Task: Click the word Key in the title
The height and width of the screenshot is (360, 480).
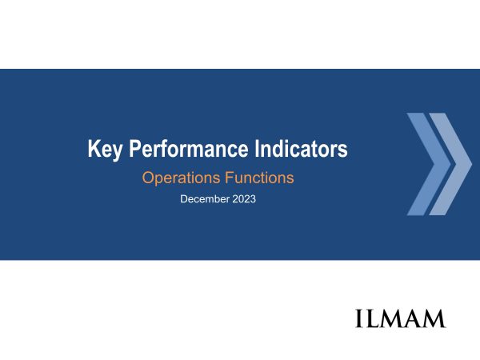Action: point(105,150)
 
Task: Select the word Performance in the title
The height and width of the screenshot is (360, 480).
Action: point(189,149)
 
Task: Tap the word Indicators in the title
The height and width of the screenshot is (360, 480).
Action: point(302,149)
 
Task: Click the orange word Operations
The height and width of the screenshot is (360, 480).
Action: point(182,178)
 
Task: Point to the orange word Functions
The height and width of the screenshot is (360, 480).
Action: point(259,178)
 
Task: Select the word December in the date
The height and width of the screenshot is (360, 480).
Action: point(205,199)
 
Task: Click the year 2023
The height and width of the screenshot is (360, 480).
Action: point(244,199)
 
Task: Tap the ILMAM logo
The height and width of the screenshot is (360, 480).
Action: point(400,318)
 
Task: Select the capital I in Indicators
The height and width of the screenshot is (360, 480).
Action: point(257,149)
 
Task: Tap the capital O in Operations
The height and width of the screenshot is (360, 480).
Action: point(148,178)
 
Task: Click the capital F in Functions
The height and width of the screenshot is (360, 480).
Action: point(230,178)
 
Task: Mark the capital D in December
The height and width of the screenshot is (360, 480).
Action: point(184,199)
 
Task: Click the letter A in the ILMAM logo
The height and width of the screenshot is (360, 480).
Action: point(414,318)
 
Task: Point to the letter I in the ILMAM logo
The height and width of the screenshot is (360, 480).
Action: point(360,318)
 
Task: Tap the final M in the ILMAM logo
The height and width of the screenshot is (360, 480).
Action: point(434,318)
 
